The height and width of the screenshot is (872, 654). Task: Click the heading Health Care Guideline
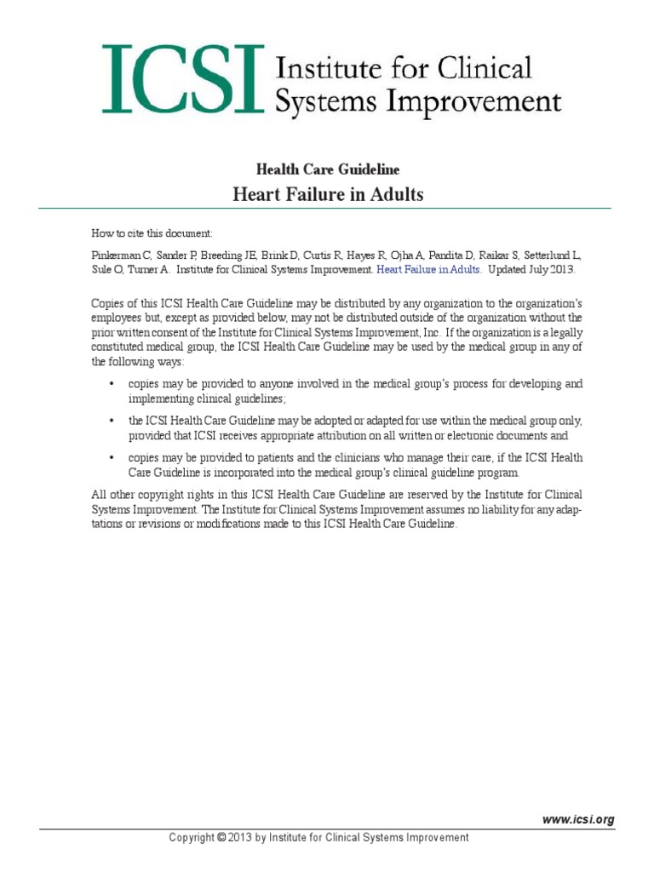point(327,169)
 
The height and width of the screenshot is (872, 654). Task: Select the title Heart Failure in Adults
point(328,195)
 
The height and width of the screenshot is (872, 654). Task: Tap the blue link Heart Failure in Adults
point(429,269)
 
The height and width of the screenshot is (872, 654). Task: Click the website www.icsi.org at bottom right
point(578,819)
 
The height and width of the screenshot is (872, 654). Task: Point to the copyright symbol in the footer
point(221,838)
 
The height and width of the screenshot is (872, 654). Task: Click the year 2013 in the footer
point(242,838)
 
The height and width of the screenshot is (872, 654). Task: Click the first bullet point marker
point(112,384)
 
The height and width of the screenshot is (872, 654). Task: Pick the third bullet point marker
point(112,458)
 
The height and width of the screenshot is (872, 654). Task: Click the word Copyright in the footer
point(192,838)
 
